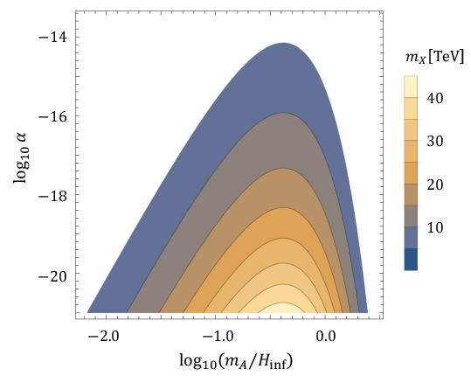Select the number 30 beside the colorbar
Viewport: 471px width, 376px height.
(x=435, y=141)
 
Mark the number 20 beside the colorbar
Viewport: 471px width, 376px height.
(x=435, y=185)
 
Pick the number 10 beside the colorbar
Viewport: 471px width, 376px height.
(x=435, y=227)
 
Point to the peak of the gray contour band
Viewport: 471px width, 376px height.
(x=284, y=115)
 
